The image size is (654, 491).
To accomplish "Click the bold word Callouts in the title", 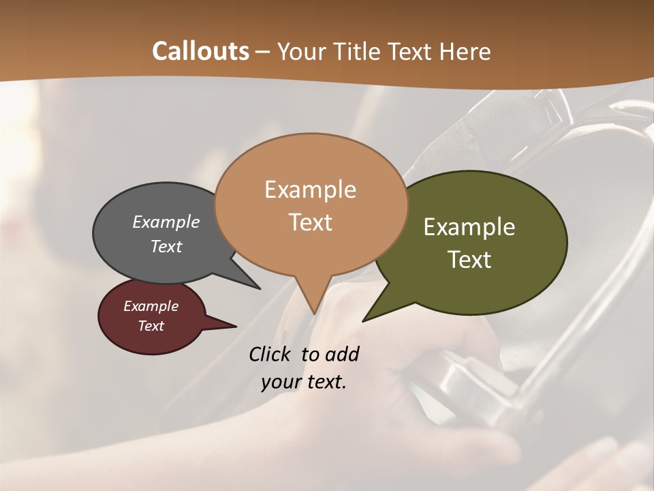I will pyautogui.click(x=200, y=51).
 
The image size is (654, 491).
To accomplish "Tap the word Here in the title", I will pyautogui.click(x=466, y=51).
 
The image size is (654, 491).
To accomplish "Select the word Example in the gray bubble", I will pyautogui.click(x=166, y=222).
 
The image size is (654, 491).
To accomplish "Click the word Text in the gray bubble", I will pyautogui.click(x=166, y=246).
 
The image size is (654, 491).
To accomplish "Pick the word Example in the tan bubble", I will pyautogui.click(x=310, y=190).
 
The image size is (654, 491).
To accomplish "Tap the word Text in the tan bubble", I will pyautogui.click(x=310, y=222).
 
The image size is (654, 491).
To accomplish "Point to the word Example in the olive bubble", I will pyautogui.click(x=469, y=227).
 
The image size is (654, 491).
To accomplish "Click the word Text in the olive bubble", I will pyautogui.click(x=469, y=260).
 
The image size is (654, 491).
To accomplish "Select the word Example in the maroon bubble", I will pyautogui.click(x=151, y=306).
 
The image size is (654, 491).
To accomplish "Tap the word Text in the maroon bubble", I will pyautogui.click(x=151, y=326).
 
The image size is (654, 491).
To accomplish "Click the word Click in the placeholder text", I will pyautogui.click(x=271, y=354).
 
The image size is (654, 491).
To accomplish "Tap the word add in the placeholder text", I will pyautogui.click(x=342, y=354).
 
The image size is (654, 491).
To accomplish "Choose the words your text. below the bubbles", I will pyautogui.click(x=304, y=382).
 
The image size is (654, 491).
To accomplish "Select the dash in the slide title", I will pyautogui.click(x=264, y=51).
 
